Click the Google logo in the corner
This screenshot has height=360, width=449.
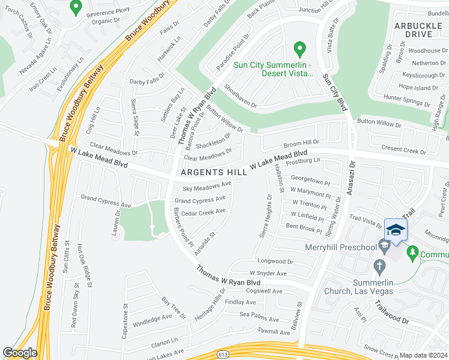(x=20, y=353)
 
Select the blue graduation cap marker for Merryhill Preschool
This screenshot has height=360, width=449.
(x=396, y=230)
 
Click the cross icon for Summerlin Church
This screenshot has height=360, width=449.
(x=379, y=265)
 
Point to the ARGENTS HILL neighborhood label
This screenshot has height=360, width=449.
(x=212, y=173)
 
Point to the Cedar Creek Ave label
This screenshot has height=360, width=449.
(x=203, y=211)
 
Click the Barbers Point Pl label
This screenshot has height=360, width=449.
(x=182, y=227)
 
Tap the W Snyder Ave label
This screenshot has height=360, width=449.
(x=280, y=274)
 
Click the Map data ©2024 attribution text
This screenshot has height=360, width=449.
(x=424, y=355)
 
